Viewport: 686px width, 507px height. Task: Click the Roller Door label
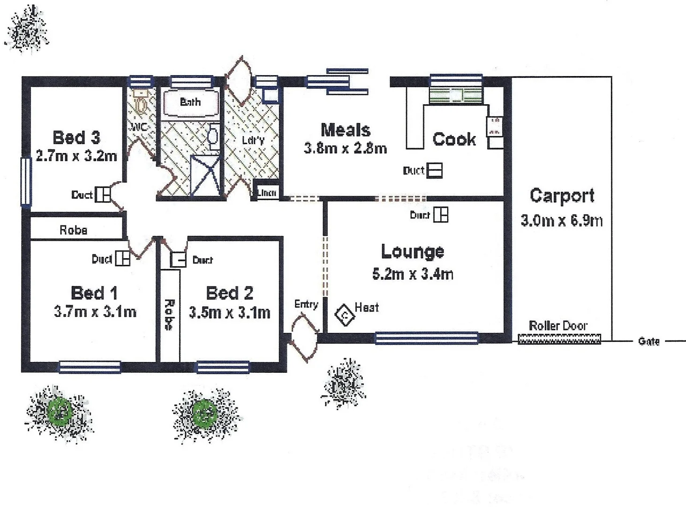pos(558,325)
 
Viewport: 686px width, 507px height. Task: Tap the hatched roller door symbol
pos(559,339)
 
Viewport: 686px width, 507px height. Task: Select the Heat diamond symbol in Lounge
pos(345,315)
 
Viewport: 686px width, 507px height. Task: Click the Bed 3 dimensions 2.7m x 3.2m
pos(76,156)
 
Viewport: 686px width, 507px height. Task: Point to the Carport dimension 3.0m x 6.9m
pos(561,220)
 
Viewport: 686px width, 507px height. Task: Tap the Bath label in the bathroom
pos(190,102)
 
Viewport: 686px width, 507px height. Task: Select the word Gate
pos(648,341)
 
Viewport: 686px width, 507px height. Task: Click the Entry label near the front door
pos(306,304)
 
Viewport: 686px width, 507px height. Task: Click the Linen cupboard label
pos(267,192)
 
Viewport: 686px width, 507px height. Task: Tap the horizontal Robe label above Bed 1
pos(73,230)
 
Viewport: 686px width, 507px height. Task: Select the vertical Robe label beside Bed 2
pos(169,315)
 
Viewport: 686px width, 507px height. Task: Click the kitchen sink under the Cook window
pos(455,96)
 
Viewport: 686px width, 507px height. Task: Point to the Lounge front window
pos(426,338)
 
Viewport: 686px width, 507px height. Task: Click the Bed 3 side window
pos(26,181)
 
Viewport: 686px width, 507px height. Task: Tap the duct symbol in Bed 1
pos(122,259)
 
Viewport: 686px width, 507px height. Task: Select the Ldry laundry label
pos(253,140)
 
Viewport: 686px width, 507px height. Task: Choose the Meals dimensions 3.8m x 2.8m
pos(345,148)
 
